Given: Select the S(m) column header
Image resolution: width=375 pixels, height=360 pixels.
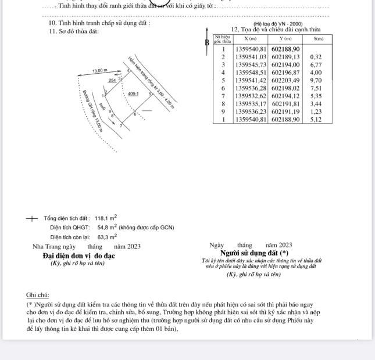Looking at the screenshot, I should (x=318, y=39).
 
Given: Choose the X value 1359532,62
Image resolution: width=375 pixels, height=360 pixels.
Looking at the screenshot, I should (x=251, y=96).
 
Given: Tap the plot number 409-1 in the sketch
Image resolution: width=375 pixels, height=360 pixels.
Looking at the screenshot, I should (x=133, y=93).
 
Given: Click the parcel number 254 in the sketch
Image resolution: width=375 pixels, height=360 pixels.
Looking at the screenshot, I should (x=112, y=81).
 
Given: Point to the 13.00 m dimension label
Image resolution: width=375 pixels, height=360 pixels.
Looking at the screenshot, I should (x=100, y=71).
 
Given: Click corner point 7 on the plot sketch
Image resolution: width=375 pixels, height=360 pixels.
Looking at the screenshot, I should (x=121, y=125).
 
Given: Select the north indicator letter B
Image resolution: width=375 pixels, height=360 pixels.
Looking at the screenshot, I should (x=206, y=42).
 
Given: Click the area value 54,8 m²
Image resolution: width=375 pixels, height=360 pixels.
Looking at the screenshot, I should (x=107, y=228).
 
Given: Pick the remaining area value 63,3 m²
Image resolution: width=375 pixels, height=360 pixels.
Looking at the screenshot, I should (x=107, y=237).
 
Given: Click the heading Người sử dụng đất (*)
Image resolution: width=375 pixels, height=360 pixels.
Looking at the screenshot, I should (x=255, y=253).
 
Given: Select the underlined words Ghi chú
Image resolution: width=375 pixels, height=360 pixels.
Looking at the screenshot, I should (x=38, y=296).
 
